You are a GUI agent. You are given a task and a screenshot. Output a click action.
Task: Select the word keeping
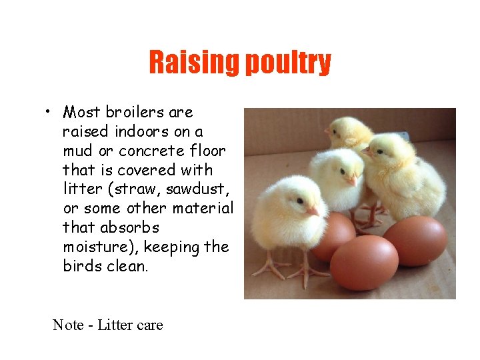point(171,247)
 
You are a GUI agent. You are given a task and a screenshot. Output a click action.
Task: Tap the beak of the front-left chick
point(313,211)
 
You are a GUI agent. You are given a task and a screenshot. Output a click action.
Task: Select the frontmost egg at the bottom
point(364,261)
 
